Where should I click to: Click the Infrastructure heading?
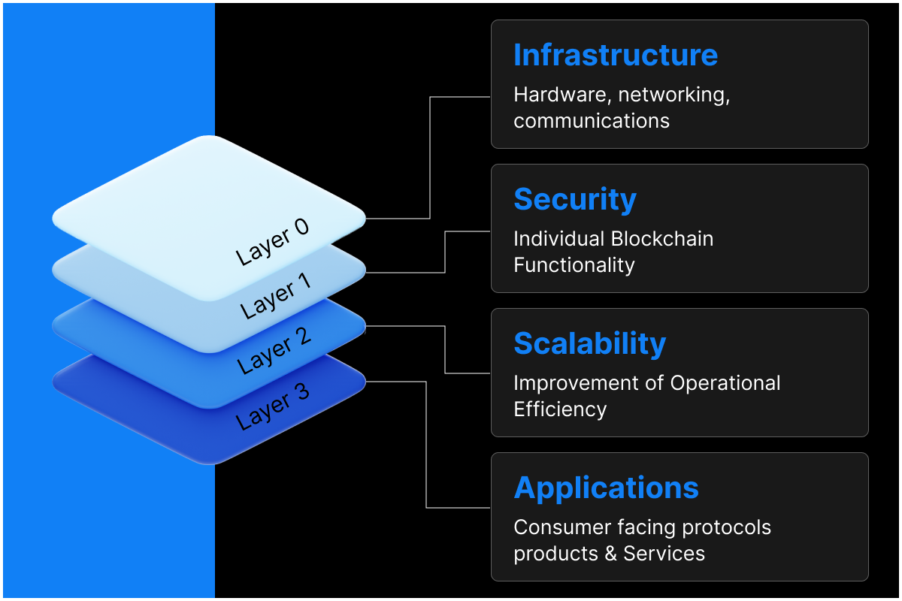tap(615, 56)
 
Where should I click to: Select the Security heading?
tap(574, 200)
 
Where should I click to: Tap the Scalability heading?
tap(589, 344)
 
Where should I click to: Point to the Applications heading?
tap(606, 488)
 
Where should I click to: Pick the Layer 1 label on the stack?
tap(275, 296)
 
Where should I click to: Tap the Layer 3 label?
tap(272, 406)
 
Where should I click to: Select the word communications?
tap(591, 121)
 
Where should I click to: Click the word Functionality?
tap(574, 265)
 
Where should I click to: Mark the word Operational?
tap(725, 383)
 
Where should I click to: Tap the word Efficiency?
tap(559, 409)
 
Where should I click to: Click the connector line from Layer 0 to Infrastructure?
tap(430, 158)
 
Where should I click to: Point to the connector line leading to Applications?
tap(426, 451)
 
